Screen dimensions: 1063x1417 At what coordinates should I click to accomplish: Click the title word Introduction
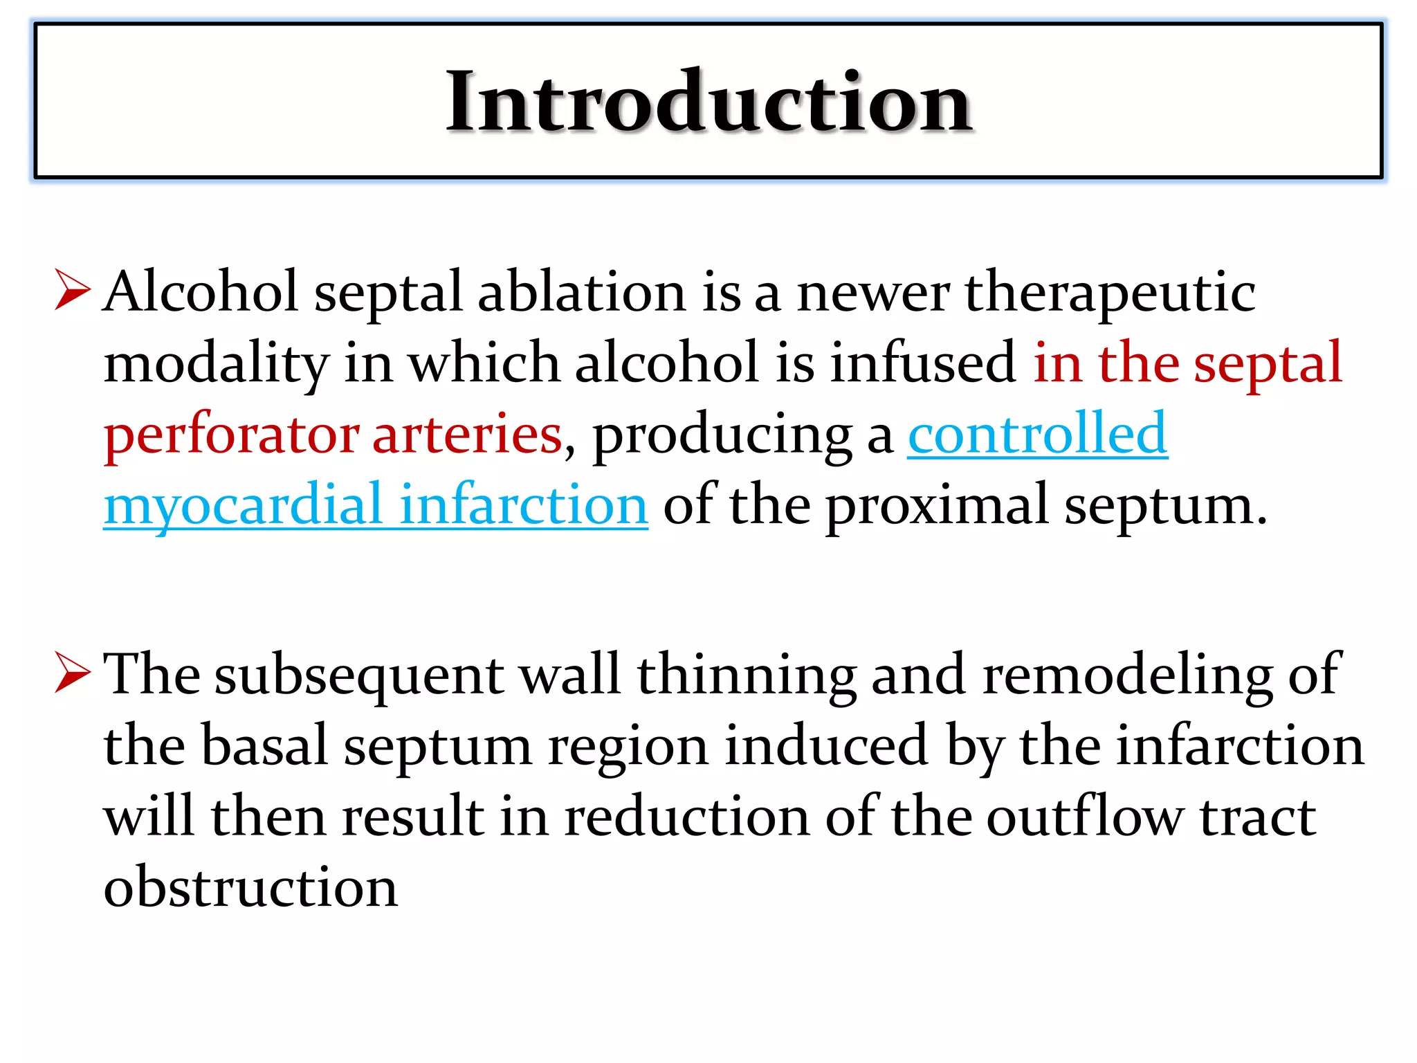[708, 102]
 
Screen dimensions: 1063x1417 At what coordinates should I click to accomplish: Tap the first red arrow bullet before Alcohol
[72, 291]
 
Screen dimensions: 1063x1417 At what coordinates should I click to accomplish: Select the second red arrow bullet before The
[72, 673]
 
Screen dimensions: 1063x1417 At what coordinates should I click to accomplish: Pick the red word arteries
[467, 435]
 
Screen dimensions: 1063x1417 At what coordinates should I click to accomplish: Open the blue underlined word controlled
[1038, 433]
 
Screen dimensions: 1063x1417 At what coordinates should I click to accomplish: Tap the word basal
[264, 746]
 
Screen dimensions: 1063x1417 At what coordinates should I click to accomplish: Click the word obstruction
[250, 887]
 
